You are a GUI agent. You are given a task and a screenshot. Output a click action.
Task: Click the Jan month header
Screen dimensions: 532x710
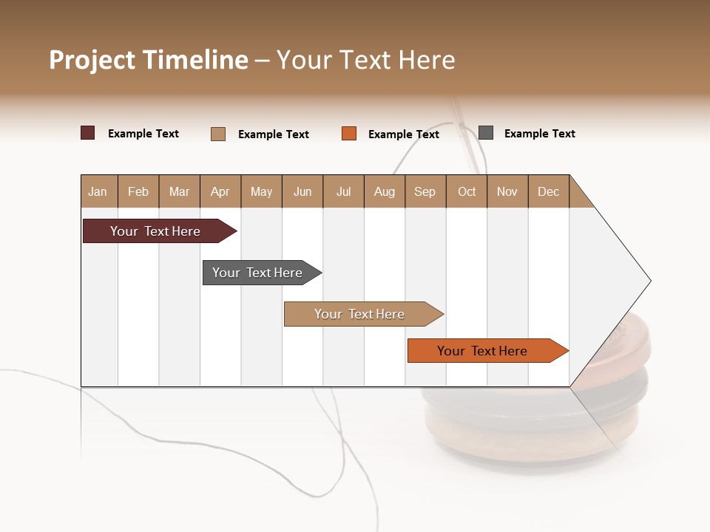98,191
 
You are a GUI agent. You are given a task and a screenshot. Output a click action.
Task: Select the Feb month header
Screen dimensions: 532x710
138,191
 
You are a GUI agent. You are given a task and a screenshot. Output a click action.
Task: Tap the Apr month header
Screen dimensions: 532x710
220,191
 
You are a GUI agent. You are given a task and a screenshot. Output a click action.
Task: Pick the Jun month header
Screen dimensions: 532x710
302,191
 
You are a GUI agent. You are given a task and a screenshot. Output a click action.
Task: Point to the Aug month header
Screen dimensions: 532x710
385,191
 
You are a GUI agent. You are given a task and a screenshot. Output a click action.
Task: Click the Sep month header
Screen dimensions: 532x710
425,191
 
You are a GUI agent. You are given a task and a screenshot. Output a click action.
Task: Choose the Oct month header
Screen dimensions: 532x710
467,191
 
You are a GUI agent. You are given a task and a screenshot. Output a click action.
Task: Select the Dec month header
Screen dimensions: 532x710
549,191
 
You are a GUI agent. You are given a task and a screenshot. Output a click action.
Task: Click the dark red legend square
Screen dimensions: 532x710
88,133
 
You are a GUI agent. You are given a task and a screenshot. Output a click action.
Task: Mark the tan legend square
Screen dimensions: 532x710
218,134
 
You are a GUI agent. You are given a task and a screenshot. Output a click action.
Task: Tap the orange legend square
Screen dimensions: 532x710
349,134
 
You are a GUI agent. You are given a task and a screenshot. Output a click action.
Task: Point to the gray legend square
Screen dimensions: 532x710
486,133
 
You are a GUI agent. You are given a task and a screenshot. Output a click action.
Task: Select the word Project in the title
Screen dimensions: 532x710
92,60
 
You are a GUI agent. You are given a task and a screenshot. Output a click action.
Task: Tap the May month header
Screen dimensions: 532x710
261,191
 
